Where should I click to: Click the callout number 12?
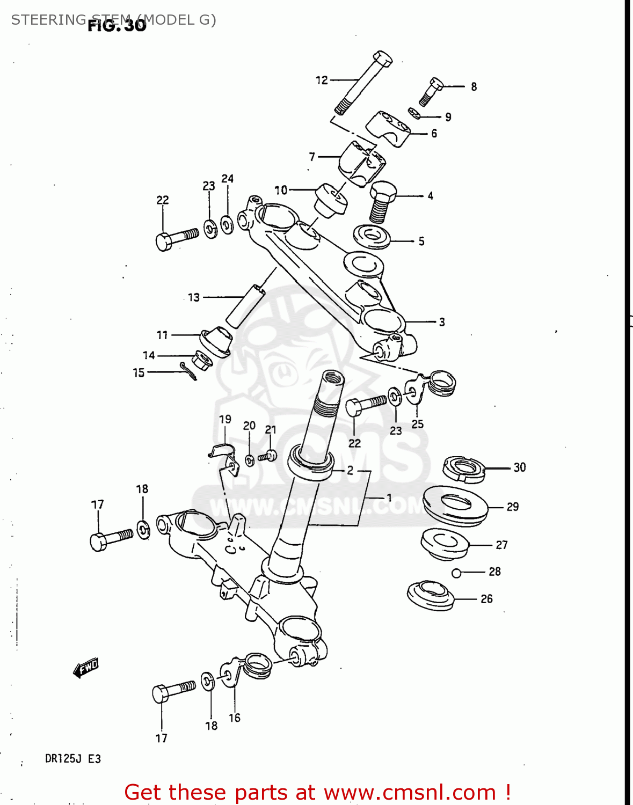click(x=322, y=80)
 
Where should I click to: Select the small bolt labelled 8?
click(x=431, y=92)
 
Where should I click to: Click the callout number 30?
click(x=519, y=467)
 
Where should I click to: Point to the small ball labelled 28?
click(x=456, y=573)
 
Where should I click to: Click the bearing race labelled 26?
click(x=430, y=596)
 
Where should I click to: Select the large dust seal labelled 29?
click(x=455, y=506)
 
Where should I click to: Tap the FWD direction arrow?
click(x=86, y=668)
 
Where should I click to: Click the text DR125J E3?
click(x=72, y=759)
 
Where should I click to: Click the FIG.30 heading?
click(x=117, y=25)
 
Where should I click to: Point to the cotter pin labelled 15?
click(x=188, y=371)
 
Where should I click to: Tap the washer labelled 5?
click(x=372, y=237)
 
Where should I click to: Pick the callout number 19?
click(x=225, y=419)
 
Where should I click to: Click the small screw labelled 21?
click(x=267, y=457)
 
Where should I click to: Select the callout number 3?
click(x=442, y=322)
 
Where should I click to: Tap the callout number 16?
click(x=235, y=718)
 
